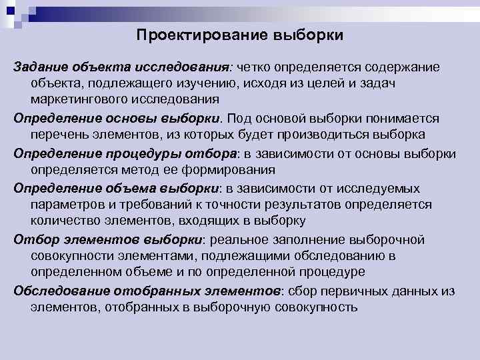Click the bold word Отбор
tap(31, 239)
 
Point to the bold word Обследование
tap(56, 291)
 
